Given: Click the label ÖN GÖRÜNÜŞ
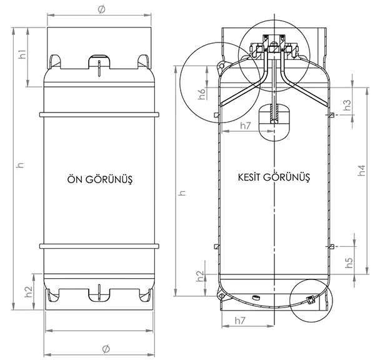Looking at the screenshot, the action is tap(100, 179).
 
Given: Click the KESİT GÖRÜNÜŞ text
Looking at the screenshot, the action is tap(274, 177).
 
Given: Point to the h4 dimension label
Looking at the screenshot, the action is tap(362, 170).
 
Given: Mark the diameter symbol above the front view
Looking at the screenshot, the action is tap(101, 9).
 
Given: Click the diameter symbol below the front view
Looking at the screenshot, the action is tap(106, 349).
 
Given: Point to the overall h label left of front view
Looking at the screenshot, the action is tap(21, 165).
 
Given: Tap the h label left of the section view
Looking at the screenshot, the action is tap(182, 192).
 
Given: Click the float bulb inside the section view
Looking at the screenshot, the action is tap(274, 122).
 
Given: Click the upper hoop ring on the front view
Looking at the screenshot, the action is tap(99, 115).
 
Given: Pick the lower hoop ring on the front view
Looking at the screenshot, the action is tap(99, 246).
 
